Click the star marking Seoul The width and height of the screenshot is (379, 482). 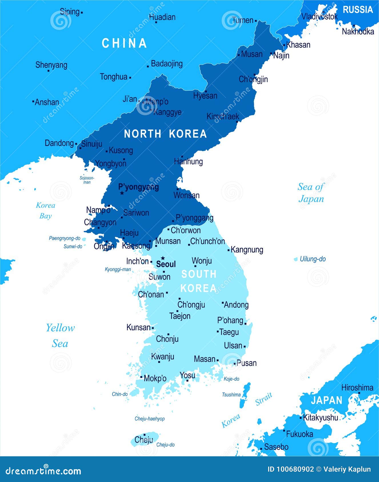coord(163,258)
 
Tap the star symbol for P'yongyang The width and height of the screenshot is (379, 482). coord(122,193)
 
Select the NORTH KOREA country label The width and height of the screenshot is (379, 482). coord(165,134)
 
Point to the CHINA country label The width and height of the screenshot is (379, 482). coord(124,43)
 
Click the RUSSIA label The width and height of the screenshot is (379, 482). coord(358,10)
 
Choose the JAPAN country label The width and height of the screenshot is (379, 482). coord(326,400)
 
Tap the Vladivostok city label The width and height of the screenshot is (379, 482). coord(320,17)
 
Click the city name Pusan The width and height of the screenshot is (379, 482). coord(247,363)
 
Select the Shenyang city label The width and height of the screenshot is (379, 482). coord(51,65)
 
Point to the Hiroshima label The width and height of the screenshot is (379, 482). coord(357,388)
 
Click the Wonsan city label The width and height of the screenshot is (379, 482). coord(187,195)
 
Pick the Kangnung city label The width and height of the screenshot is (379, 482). coord(247,250)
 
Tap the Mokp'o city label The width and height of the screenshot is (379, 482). coord(155,378)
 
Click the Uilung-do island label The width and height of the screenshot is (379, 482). coord(313,259)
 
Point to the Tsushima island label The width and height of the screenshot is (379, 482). coord(231,395)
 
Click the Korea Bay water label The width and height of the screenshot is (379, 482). coord(45,210)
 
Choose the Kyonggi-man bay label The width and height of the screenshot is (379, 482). coord(118,269)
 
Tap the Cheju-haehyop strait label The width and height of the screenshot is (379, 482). coord(150,419)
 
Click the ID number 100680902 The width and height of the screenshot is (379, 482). coord(295,469)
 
